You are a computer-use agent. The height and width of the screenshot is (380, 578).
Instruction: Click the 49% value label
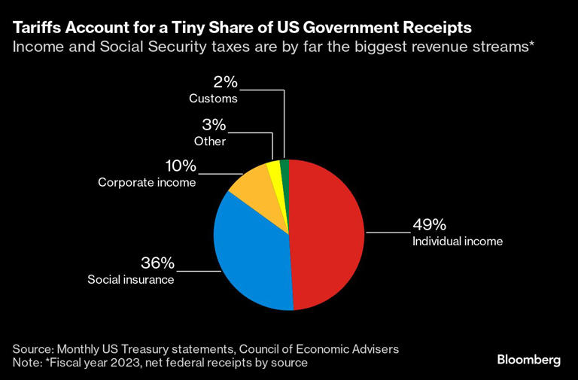(x=429, y=225)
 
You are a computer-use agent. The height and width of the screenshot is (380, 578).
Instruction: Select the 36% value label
(x=157, y=263)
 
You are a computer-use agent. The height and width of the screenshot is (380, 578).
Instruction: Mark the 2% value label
(x=224, y=81)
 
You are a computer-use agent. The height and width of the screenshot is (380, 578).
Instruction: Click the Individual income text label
(x=457, y=242)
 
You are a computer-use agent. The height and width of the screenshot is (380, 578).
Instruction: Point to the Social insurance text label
(x=131, y=280)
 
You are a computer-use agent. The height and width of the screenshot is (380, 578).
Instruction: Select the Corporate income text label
(x=146, y=182)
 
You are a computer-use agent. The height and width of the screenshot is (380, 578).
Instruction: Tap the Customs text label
(x=213, y=99)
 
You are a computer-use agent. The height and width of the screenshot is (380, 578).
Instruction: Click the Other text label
(x=211, y=141)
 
